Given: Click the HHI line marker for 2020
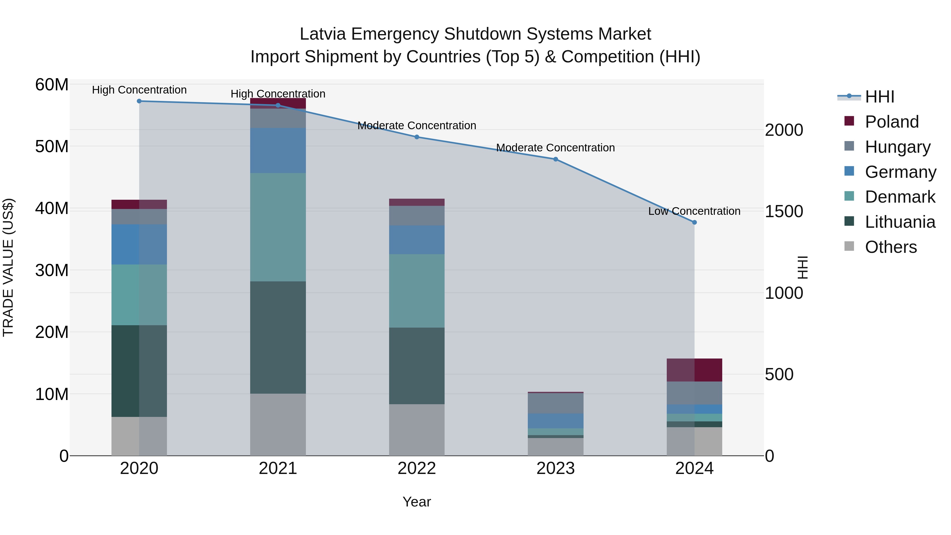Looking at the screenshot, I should (x=139, y=101).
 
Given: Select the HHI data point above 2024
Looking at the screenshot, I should (x=694, y=222).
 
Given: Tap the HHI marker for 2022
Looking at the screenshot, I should (x=417, y=137).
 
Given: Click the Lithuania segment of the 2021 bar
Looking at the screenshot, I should (x=278, y=337).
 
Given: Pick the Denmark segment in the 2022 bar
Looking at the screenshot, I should (x=417, y=291).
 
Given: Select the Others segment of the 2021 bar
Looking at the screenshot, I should (x=278, y=425).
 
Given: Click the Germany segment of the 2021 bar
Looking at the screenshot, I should (x=278, y=151).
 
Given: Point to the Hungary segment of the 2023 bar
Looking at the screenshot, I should (x=556, y=403).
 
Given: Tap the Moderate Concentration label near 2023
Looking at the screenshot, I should (x=555, y=148).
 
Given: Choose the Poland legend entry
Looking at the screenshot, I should (x=892, y=122).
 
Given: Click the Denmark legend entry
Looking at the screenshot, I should (x=900, y=197).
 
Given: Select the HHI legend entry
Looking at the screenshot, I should (x=879, y=97).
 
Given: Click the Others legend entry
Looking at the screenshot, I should (x=891, y=247).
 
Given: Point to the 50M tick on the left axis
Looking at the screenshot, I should (x=52, y=147).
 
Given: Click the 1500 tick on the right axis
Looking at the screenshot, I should (x=784, y=212).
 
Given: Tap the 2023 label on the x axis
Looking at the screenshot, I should (x=556, y=468).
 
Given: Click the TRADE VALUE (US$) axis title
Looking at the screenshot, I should (x=8, y=267).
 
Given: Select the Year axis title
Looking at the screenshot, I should (x=417, y=502).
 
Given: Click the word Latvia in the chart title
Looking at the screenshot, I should (x=322, y=34).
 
